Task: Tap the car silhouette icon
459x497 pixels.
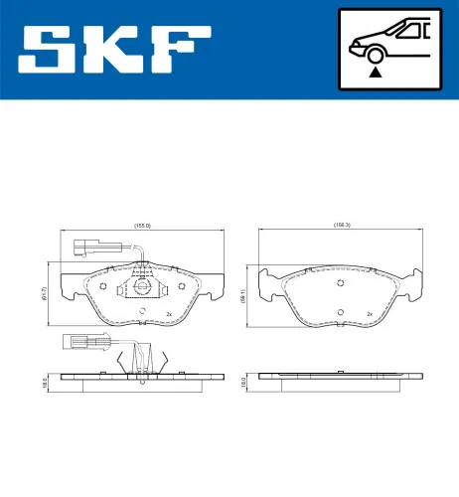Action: [x=386, y=40]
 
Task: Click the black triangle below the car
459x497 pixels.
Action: [x=374, y=71]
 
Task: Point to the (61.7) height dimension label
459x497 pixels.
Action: [x=59, y=290]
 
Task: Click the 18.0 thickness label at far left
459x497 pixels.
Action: [x=45, y=381]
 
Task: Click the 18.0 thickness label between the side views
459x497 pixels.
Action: [x=243, y=380]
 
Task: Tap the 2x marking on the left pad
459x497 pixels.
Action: [x=169, y=314]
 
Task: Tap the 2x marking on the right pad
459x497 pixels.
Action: [x=369, y=314]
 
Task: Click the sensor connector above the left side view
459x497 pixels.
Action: [x=76, y=344]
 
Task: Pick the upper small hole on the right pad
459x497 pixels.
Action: [x=341, y=282]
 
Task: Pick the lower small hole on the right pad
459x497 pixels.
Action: [x=341, y=312]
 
